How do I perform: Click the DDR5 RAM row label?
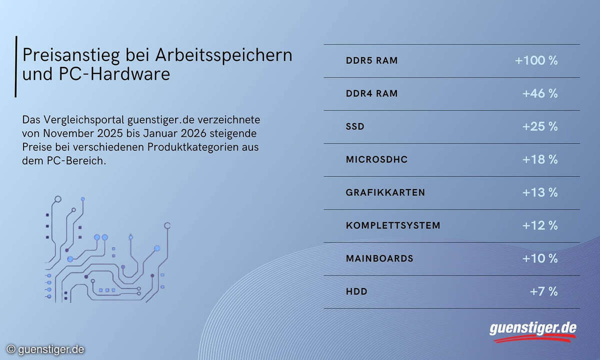pyautogui.click(x=371, y=61)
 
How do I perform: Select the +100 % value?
pyautogui.click(x=536, y=61)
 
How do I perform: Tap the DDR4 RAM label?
pyautogui.click(x=371, y=94)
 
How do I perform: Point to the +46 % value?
pyautogui.click(x=539, y=94)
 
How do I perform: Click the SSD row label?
pyautogui.click(x=355, y=127)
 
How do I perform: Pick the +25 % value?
pyautogui.click(x=539, y=127)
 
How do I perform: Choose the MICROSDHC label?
pyautogui.click(x=376, y=160)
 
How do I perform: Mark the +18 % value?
pyautogui.click(x=539, y=160)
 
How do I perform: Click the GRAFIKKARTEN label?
pyautogui.click(x=385, y=192)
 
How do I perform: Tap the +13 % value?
pyautogui.click(x=539, y=192)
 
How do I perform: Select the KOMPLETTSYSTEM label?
pyautogui.click(x=393, y=225)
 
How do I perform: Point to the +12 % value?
pyautogui.click(x=539, y=225)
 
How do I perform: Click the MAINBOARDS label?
pyautogui.click(x=379, y=258)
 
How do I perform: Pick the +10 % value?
pyautogui.click(x=539, y=258)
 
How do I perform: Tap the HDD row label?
pyautogui.click(x=356, y=291)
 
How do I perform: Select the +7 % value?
pyautogui.click(x=543, y=291)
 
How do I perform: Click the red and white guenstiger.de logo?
pyautogui.click(x=532, y=330)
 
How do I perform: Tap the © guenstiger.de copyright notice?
pyautogui.click(x=45, y=349)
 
